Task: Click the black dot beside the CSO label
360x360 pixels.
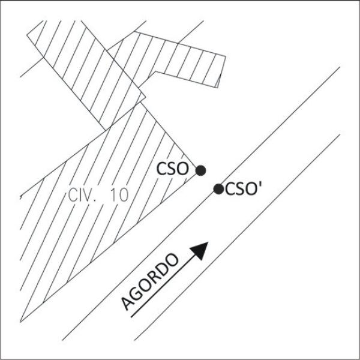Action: [x=200, y=170]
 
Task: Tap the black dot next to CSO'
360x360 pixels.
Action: [x=218, y=189]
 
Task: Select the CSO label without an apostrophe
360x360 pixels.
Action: [x=172, y=169]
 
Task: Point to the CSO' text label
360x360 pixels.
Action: [x=244, y=189]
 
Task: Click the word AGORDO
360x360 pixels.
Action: [x=150, y=282]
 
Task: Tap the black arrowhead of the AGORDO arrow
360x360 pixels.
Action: [x=200, y=250]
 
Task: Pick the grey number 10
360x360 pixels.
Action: [x=119, y=195]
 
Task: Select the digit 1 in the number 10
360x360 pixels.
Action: [x=113, y=196]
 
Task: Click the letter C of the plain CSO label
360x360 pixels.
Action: [x=161, y=169]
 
